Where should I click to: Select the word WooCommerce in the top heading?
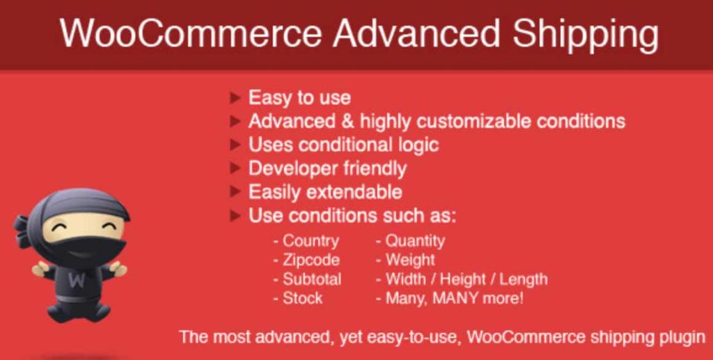[x=191, y=33]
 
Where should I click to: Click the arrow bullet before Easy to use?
[x=235, y=97]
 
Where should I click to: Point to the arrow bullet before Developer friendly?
[x=235, y=169]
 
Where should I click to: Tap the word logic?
[x=415, y=145]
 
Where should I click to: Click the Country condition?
[x=311, y=241]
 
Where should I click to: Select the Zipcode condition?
[x=311, y=260]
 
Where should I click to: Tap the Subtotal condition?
[x=312, y=279]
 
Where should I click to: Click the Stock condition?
[x=303, y=298]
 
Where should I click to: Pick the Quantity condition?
[x=415, y=241]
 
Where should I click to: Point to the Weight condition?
[x=410, y=260]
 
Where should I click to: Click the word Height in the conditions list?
[x=462, y=279]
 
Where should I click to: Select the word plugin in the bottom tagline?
[x=683, y=337]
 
